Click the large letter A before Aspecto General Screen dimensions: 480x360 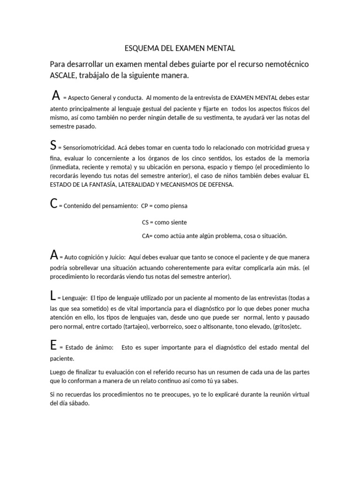[x=56, y=96]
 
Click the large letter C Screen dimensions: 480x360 [x=53, y=204]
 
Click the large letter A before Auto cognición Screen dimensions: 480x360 [x=54, y=255]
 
